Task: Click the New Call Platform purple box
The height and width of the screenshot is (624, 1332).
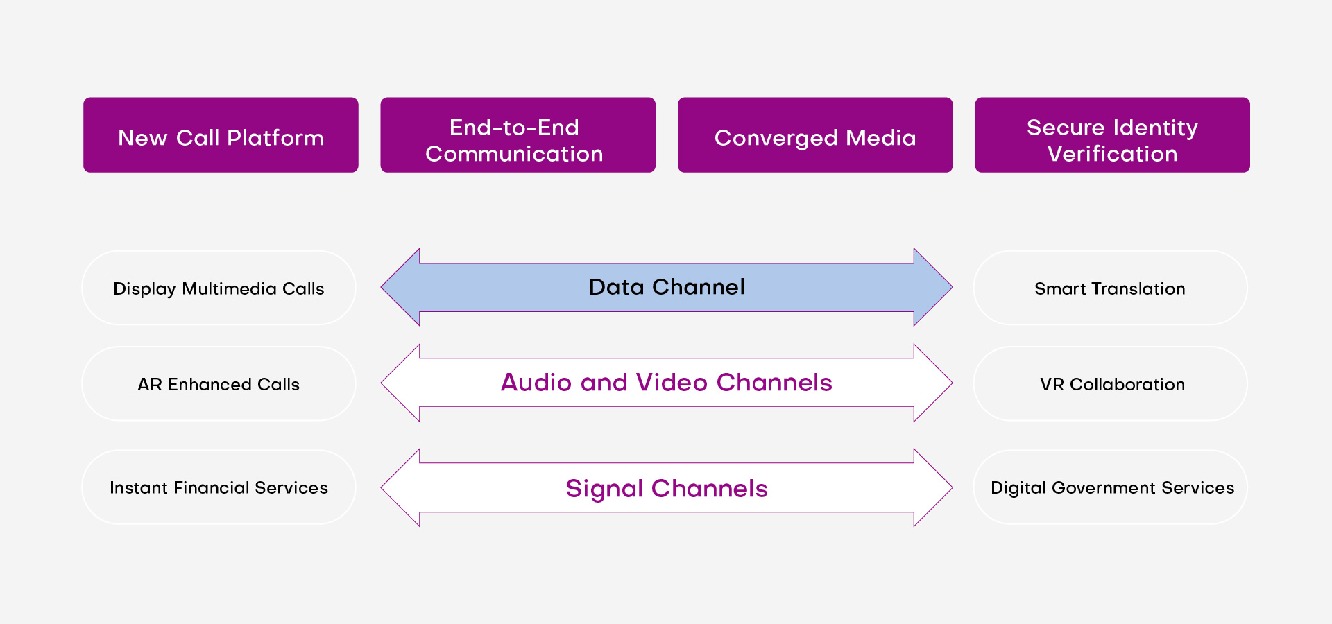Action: [221, 135]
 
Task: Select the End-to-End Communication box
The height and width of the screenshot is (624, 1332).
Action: [518, 135]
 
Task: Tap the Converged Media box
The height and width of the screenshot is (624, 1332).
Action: [815, 135]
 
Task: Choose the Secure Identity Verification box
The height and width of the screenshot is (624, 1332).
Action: [1112, 135]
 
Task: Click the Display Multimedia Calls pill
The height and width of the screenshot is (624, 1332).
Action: [219, 288]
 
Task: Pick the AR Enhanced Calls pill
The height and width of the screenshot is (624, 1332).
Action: [219, 384]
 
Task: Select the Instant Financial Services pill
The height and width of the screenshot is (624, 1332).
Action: [219, 487]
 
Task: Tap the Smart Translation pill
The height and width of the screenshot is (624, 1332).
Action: [1110, 288]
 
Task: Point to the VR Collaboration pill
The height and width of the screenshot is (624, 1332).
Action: [1110, 384]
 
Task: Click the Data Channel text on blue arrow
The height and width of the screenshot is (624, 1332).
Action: [667, 287]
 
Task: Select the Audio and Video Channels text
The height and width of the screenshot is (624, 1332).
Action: [667, 383]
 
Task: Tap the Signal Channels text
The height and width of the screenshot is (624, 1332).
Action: [667, 489]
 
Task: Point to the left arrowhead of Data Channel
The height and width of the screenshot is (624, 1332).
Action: [402, 287]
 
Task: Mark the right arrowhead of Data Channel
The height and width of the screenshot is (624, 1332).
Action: [932, 287]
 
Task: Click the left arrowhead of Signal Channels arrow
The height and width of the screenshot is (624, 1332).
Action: [402, 488]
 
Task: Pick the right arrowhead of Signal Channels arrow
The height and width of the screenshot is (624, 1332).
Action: [932, 488]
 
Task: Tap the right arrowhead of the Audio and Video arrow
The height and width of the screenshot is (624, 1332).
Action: [932, 383]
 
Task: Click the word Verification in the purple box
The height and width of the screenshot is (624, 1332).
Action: [1112, 154]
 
